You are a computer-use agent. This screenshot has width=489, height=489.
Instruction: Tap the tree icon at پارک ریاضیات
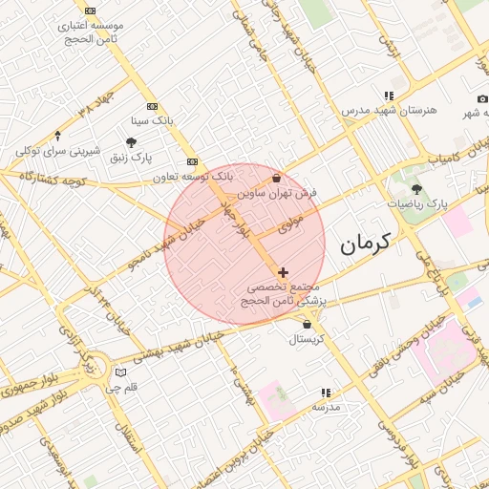(416, 188)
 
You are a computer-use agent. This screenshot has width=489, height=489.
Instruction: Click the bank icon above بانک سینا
(151, 106)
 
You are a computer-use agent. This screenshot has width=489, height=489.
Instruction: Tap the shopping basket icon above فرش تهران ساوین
(277, 178)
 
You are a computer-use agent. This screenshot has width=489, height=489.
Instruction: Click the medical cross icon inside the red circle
(283, 273)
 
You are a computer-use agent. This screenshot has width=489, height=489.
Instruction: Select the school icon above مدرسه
(326, 392)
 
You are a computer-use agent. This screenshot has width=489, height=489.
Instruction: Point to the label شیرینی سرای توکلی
(58, 151)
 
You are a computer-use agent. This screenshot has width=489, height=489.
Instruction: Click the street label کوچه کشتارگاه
(52, 180)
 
